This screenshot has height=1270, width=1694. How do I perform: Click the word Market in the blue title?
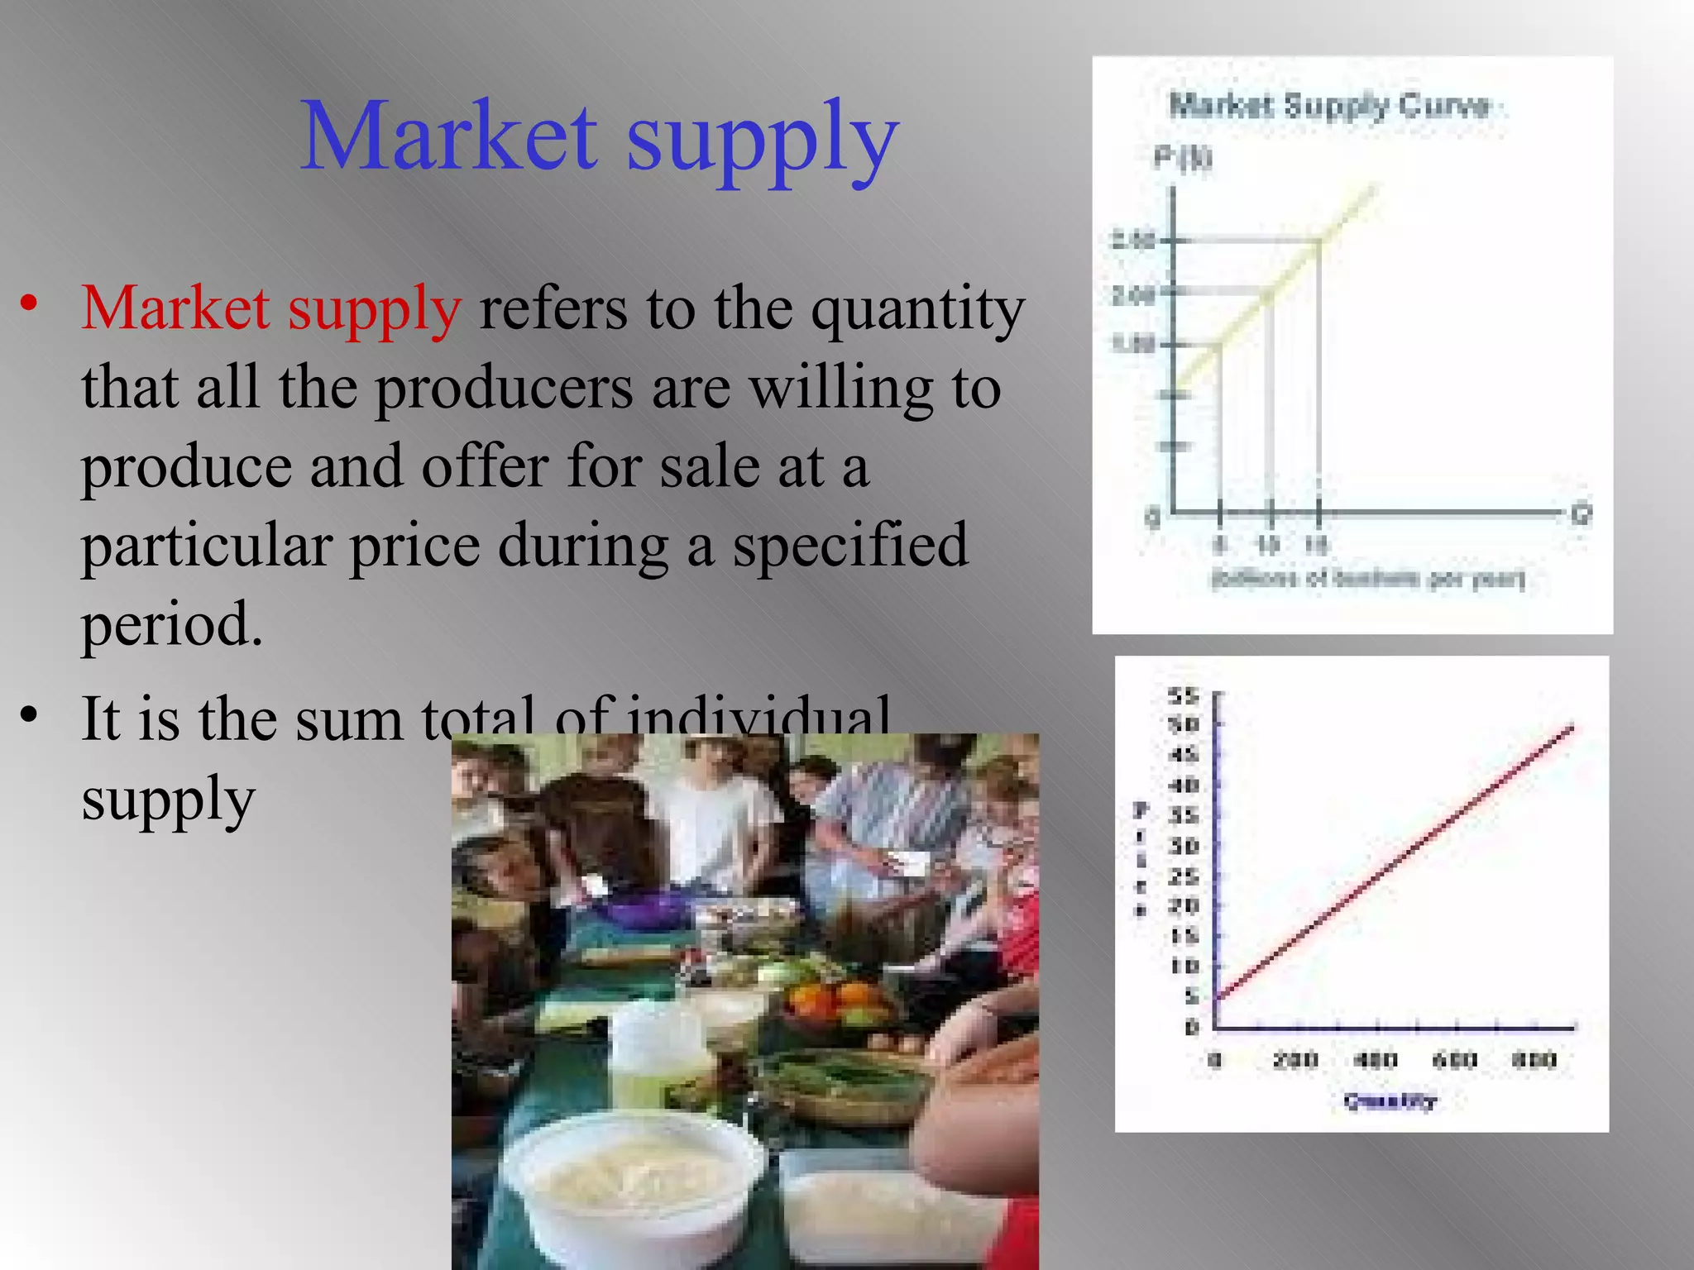447,136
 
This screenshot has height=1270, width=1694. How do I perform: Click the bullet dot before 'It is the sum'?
30,714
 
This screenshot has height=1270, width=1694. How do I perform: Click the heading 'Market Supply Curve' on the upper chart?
1328,106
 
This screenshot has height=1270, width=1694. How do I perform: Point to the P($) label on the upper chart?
1183,156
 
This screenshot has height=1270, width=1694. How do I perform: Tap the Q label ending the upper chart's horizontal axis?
1581,515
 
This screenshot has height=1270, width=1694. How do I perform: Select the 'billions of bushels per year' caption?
1366,578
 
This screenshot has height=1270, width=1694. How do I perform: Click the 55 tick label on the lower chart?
1184,696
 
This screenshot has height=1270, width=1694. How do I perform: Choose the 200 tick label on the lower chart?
1295,1060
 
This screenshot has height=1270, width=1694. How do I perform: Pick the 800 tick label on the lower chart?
1534,1060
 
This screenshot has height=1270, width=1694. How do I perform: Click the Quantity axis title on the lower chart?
1390,1101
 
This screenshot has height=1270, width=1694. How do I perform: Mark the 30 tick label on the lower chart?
1184,846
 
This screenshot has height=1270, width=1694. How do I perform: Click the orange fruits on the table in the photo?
835,996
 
